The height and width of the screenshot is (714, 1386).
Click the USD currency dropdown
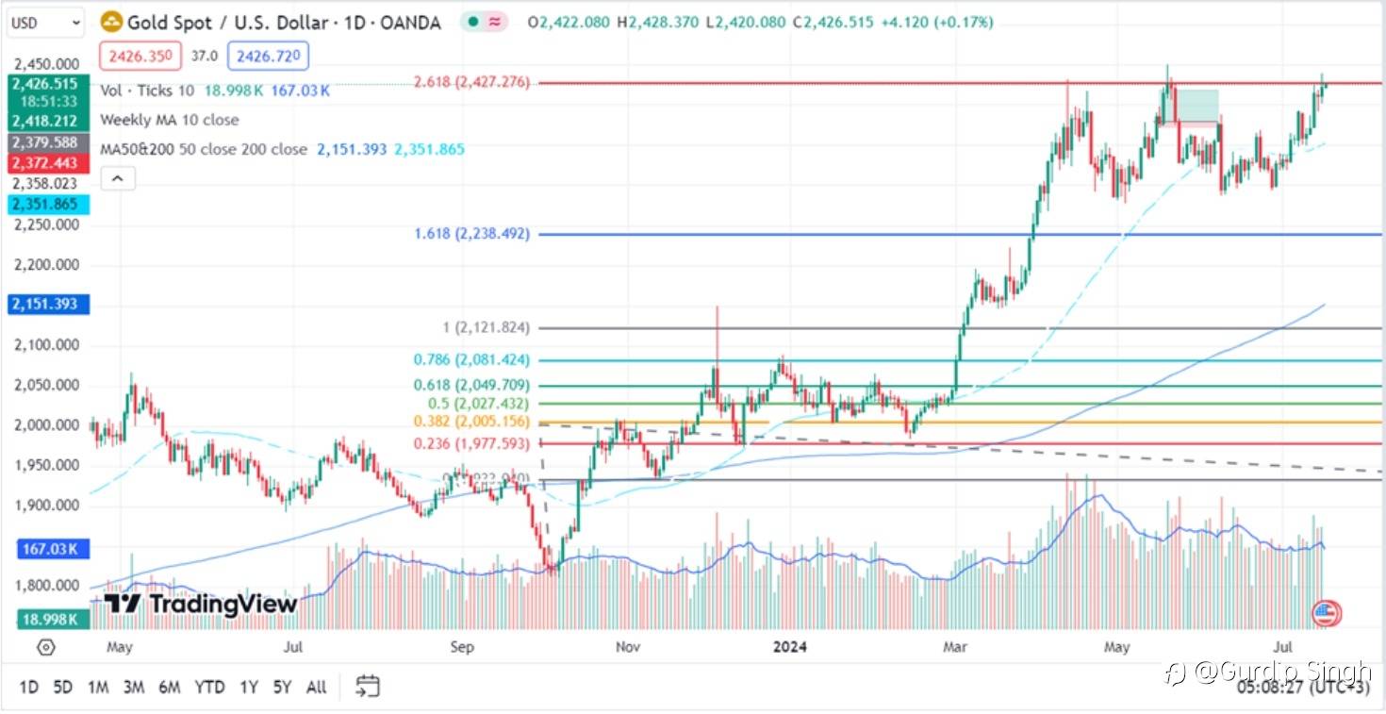click(45, 22)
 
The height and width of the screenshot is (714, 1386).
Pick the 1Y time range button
click(248, 687)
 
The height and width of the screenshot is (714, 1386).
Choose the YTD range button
click(209, 687)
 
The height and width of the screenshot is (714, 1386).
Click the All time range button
click(317, 687)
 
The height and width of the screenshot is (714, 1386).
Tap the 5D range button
click(62, 687)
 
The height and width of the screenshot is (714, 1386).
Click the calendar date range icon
click(368, 686)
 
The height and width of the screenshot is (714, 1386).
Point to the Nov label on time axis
click(628, 647)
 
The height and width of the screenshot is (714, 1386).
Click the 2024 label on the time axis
click(790, 647)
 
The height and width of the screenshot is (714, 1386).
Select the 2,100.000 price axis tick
click(46, 345)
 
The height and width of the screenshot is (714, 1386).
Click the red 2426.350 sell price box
click(140, 57)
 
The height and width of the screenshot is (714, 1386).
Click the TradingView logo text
click(202, 604)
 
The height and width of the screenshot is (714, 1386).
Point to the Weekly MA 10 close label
click(170, 120)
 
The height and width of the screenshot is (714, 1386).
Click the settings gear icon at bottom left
click(45, 648)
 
